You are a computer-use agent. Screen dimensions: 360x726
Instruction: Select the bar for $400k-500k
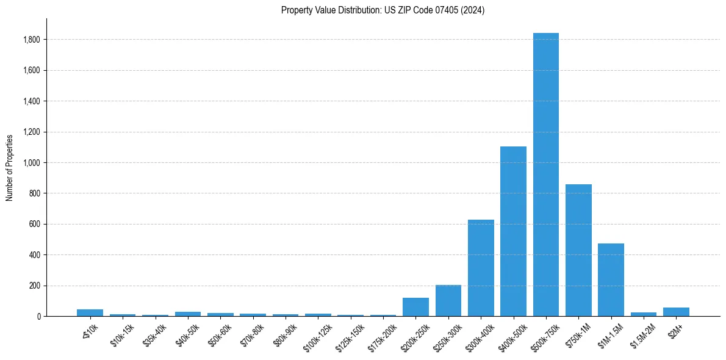[x=513, y=231]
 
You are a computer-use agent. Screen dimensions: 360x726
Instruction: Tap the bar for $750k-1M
[x=578, y=250]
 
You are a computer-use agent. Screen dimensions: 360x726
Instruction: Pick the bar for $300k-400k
[x=481, y=268]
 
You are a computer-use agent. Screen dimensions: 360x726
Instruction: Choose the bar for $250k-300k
[x=448, y=300]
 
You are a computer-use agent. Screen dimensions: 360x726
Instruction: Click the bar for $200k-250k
[x=415, y=307]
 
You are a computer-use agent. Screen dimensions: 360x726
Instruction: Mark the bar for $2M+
[x=676, y=312]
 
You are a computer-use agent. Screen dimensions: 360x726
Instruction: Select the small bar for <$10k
[x=90, y=312]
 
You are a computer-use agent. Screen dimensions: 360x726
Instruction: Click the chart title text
[x=383, y=10]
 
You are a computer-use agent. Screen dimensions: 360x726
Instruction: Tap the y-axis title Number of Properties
[x=10, y=167]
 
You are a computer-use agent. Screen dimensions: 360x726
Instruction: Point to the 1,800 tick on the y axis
[x=31, y=40]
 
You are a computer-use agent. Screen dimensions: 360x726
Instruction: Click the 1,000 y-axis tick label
[x=31, y=163]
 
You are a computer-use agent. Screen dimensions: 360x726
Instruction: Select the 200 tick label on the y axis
[x=34, y=286]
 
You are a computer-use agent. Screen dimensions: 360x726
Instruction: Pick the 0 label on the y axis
[x=38, y=316]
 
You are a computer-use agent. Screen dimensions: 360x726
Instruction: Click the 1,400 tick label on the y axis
[x=31, y=101]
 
